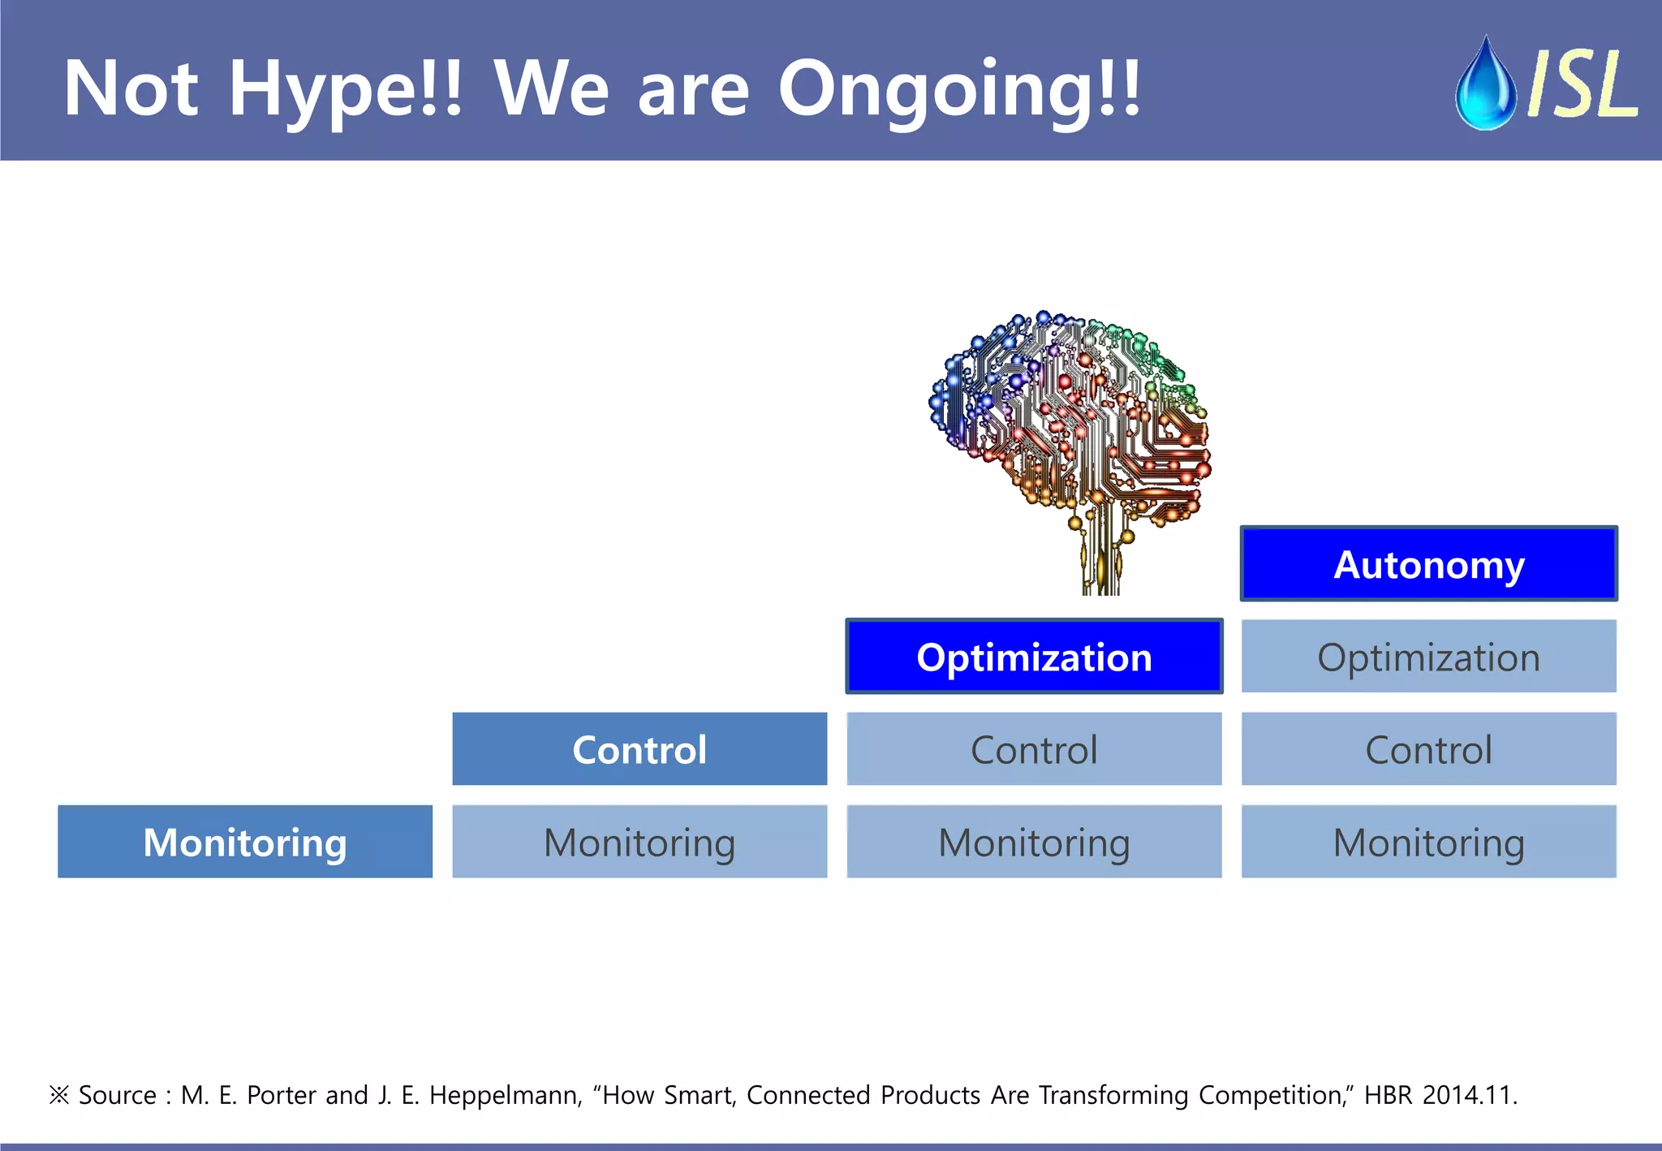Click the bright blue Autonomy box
(1428, 564)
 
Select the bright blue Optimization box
(1034, 657)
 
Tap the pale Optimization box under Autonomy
(1428, 657)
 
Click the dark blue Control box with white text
(639, 749)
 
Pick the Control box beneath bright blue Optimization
(1034, 749)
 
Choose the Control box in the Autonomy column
(1428, 749)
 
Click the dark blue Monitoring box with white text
(244, 842)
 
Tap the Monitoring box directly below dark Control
(639, 842)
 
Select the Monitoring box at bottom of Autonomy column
(1428, 842)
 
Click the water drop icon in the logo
(1485, 85)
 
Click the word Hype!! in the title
(345, 89)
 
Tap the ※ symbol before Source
(59, 1095)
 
